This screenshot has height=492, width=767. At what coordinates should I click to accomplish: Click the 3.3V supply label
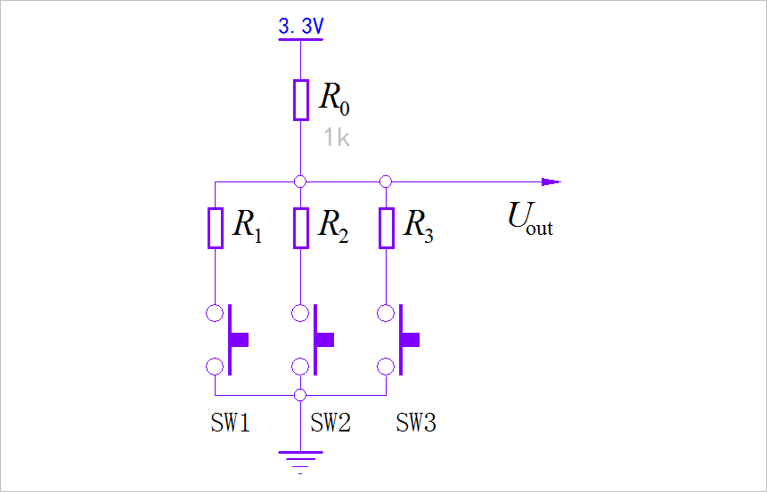(300, 28)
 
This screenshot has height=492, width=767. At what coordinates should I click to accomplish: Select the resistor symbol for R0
(301, 100)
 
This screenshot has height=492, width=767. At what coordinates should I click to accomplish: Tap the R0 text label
(334, 100)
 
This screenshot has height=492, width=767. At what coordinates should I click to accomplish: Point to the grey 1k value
(336, 137)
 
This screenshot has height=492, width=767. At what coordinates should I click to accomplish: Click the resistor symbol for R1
(216, 228)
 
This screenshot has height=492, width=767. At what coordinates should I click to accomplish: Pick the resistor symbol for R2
(301, 228)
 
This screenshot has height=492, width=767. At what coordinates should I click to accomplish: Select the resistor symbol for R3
(386, 228)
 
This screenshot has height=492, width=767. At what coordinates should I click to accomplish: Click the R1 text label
(247, 226)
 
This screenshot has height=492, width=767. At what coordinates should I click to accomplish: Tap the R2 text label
(332, 226)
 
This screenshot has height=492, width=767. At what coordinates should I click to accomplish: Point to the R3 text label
(418, 226)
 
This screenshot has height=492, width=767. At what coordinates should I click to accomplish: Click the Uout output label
(530, 218)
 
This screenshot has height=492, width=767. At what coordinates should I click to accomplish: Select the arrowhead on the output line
(551, 181)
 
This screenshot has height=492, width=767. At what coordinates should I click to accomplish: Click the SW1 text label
(230, 423)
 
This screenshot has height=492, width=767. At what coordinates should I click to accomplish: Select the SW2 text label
(330, 423)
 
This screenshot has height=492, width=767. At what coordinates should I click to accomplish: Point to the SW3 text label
(416, 423)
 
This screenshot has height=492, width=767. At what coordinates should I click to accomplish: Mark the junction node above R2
(301, 181)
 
